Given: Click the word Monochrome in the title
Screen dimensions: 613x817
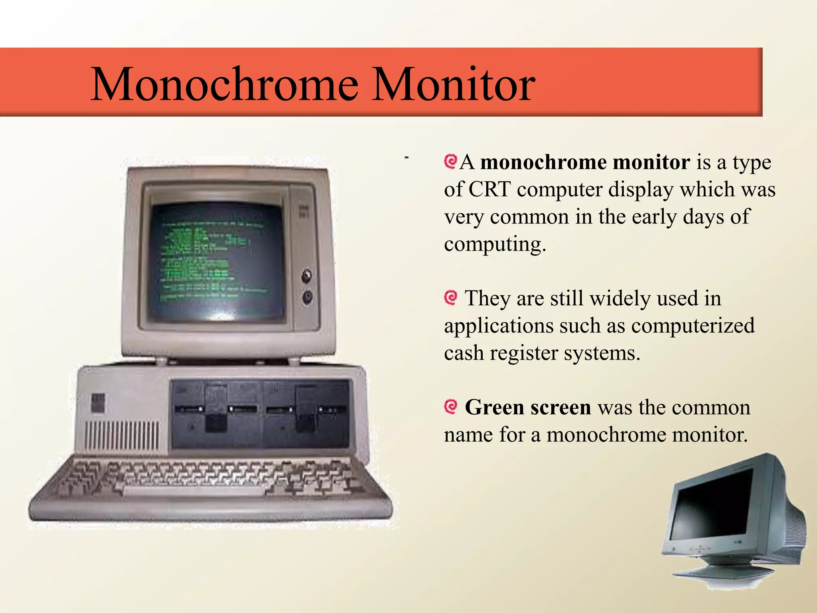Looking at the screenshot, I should pos(225,85).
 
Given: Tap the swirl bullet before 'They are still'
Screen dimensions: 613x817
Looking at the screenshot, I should pos(451,298).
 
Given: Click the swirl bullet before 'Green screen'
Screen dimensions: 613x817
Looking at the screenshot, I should pos(451,407).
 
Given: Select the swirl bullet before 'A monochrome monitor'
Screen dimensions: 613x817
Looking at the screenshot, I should pos(450,162).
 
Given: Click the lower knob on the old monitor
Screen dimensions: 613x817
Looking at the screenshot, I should pos(307,298).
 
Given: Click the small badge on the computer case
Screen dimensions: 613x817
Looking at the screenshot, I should pos(98,403).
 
